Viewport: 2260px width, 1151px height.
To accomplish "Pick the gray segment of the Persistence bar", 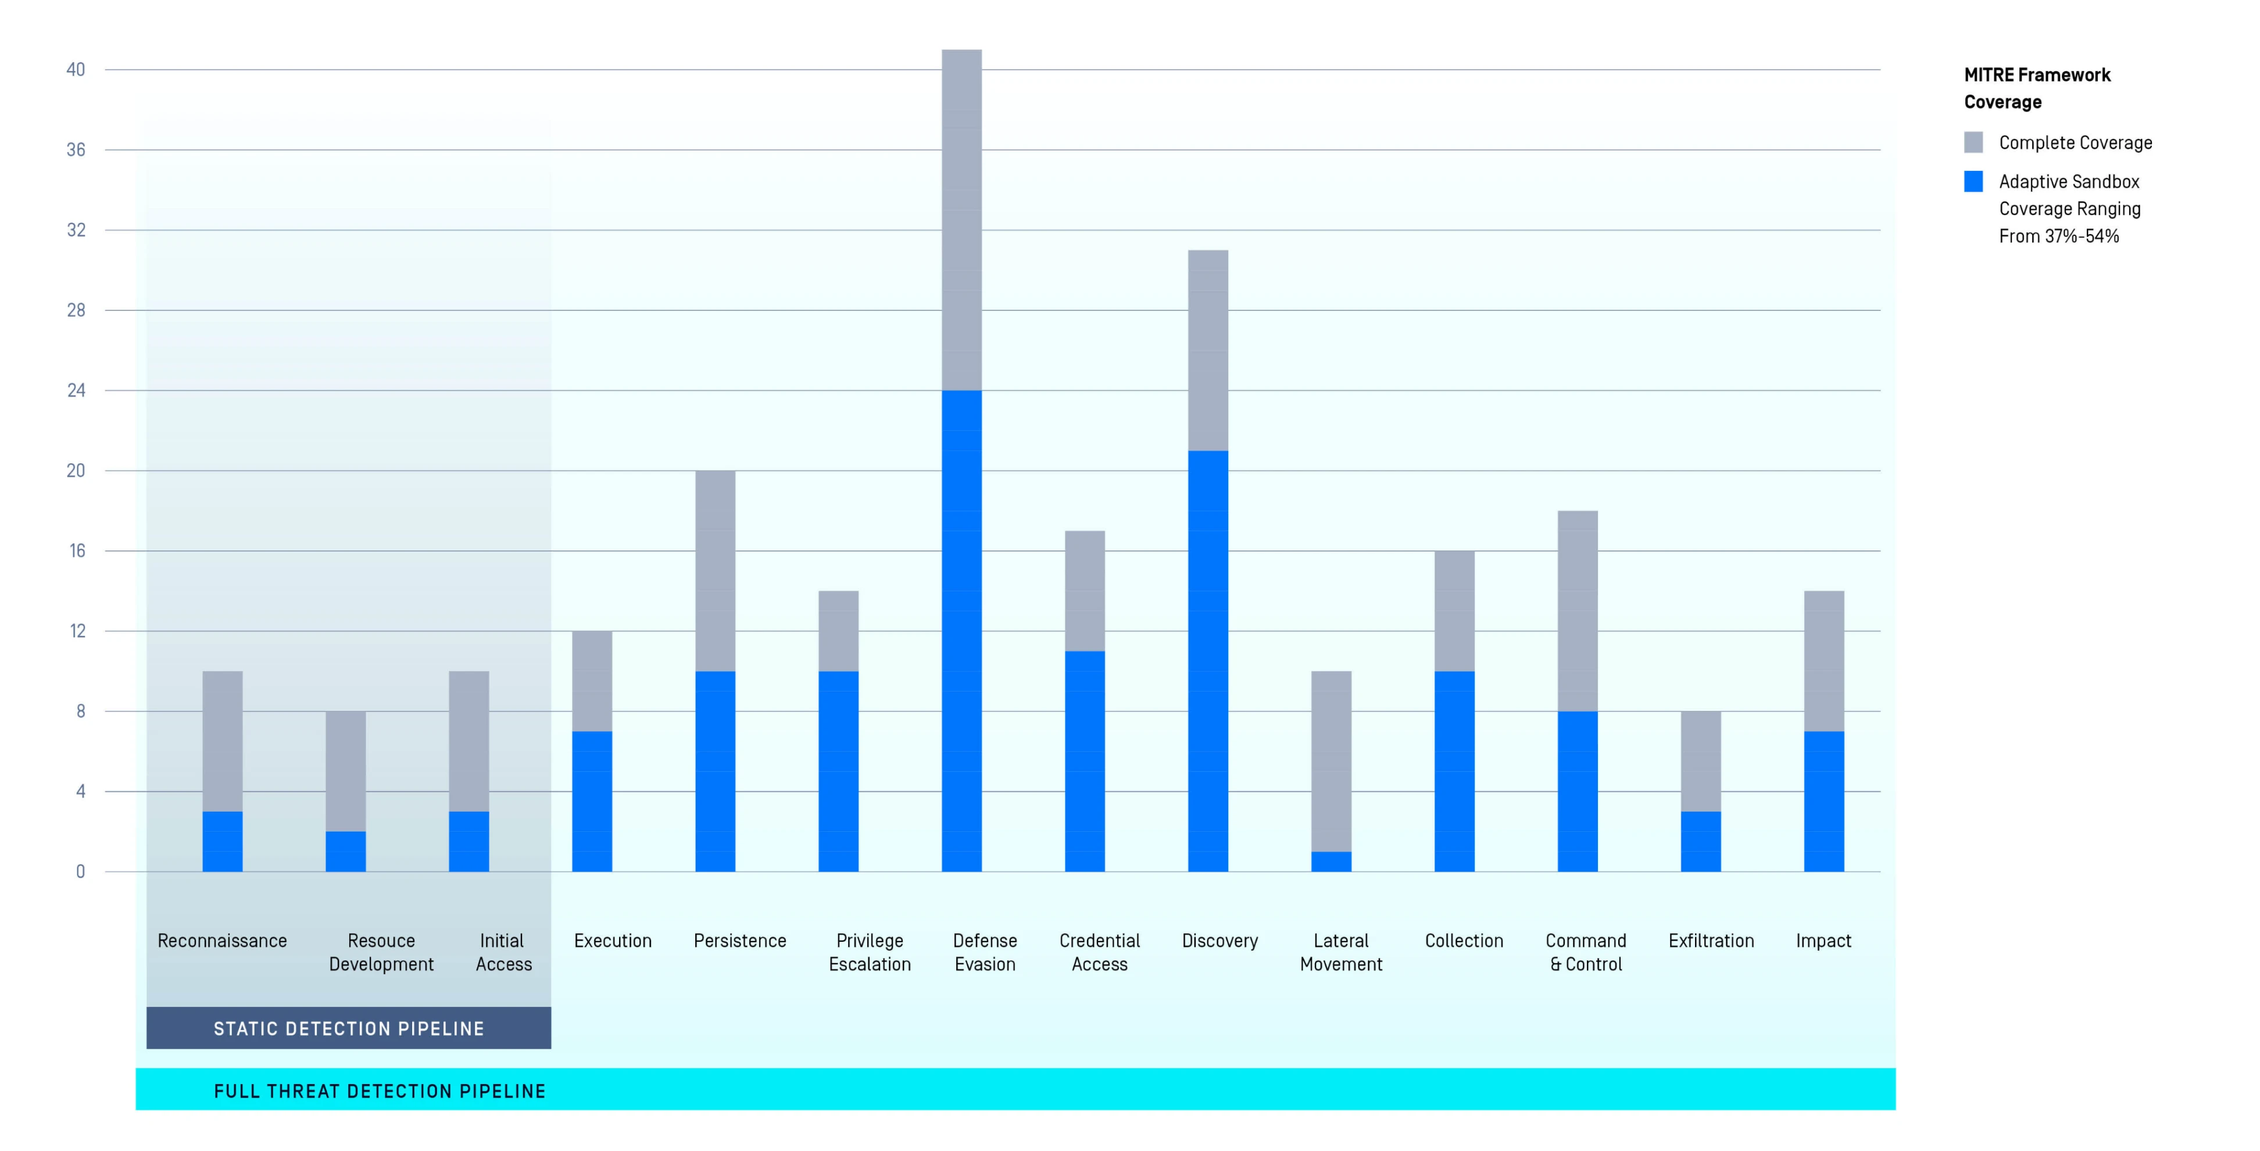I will (715, 570).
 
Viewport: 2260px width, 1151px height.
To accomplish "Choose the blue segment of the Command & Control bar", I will (1578, 791).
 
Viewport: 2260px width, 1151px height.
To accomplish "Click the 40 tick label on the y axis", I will (76, 69).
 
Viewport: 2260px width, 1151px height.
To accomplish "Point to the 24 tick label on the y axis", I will (76, 391).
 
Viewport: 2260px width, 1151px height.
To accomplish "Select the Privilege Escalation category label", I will (870, 952).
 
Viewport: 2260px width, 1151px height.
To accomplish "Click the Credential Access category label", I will (1099, 952).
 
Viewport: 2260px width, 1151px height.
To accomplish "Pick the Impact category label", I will (1823, 941).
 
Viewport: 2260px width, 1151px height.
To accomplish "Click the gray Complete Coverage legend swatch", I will (1973, 142).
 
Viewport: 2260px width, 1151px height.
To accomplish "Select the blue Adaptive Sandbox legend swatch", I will (1973, 181).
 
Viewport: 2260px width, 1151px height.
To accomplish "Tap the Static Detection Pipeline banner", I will (348, 1028).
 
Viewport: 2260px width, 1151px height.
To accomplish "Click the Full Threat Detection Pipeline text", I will (380, 1091).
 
